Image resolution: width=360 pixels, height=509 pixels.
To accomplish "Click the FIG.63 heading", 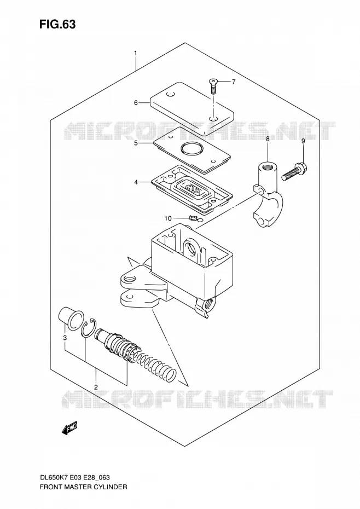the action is point(57,24).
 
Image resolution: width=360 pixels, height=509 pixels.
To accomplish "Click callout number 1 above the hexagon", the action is point(136,53).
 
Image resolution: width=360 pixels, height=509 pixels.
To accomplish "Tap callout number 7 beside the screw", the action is point(234,82).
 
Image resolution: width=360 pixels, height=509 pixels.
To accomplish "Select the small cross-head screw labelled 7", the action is point(213,85).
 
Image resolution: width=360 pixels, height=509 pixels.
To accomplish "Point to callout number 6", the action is point(136,103).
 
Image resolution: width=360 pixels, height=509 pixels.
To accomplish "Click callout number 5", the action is point(136,143).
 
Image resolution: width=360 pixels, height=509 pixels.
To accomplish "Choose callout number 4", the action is point(136,182).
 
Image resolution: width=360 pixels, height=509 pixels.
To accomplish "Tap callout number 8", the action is point(268,139).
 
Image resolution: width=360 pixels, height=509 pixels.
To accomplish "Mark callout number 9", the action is point(303,141).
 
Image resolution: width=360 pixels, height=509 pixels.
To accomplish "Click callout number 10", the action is point(167,218).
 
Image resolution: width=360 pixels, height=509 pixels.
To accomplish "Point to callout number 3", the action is point(65,338).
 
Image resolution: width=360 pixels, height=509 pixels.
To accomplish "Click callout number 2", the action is point(96,387).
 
